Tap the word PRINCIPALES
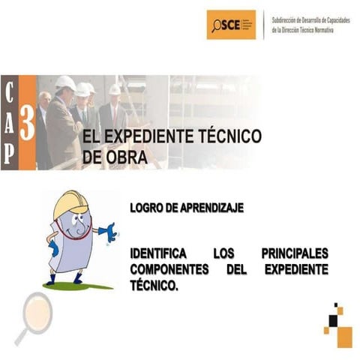click(295, 254)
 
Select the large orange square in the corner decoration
click(344, 337)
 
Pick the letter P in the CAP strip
click(9, 152)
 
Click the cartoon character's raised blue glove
click(109, 233)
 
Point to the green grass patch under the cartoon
click(79, 286)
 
